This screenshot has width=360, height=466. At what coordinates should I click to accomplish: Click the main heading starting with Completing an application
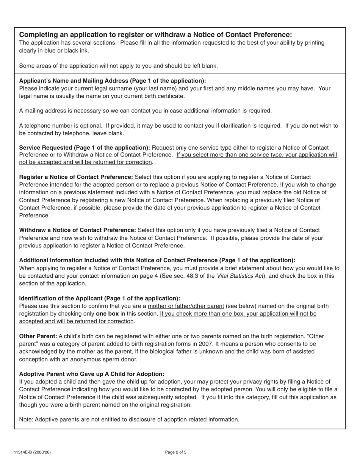click(155, 34)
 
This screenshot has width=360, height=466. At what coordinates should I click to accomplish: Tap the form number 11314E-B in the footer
click(32, 452)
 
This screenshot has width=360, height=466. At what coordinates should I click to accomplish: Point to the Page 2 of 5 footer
click(176, 452)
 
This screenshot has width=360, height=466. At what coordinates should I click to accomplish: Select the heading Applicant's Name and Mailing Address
click(113, 81)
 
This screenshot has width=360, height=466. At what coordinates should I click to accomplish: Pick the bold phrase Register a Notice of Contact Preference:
click(76, 177)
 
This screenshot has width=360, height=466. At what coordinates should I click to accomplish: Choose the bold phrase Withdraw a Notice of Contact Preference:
click(77, 230)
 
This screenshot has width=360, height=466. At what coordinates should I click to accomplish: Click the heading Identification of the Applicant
click(100, 298)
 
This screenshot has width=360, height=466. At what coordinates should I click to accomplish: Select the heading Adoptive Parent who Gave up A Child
click(92, 374)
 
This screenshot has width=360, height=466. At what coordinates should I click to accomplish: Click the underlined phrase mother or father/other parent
click(186, 306)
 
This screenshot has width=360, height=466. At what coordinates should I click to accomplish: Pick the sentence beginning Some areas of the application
click(118, 66)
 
